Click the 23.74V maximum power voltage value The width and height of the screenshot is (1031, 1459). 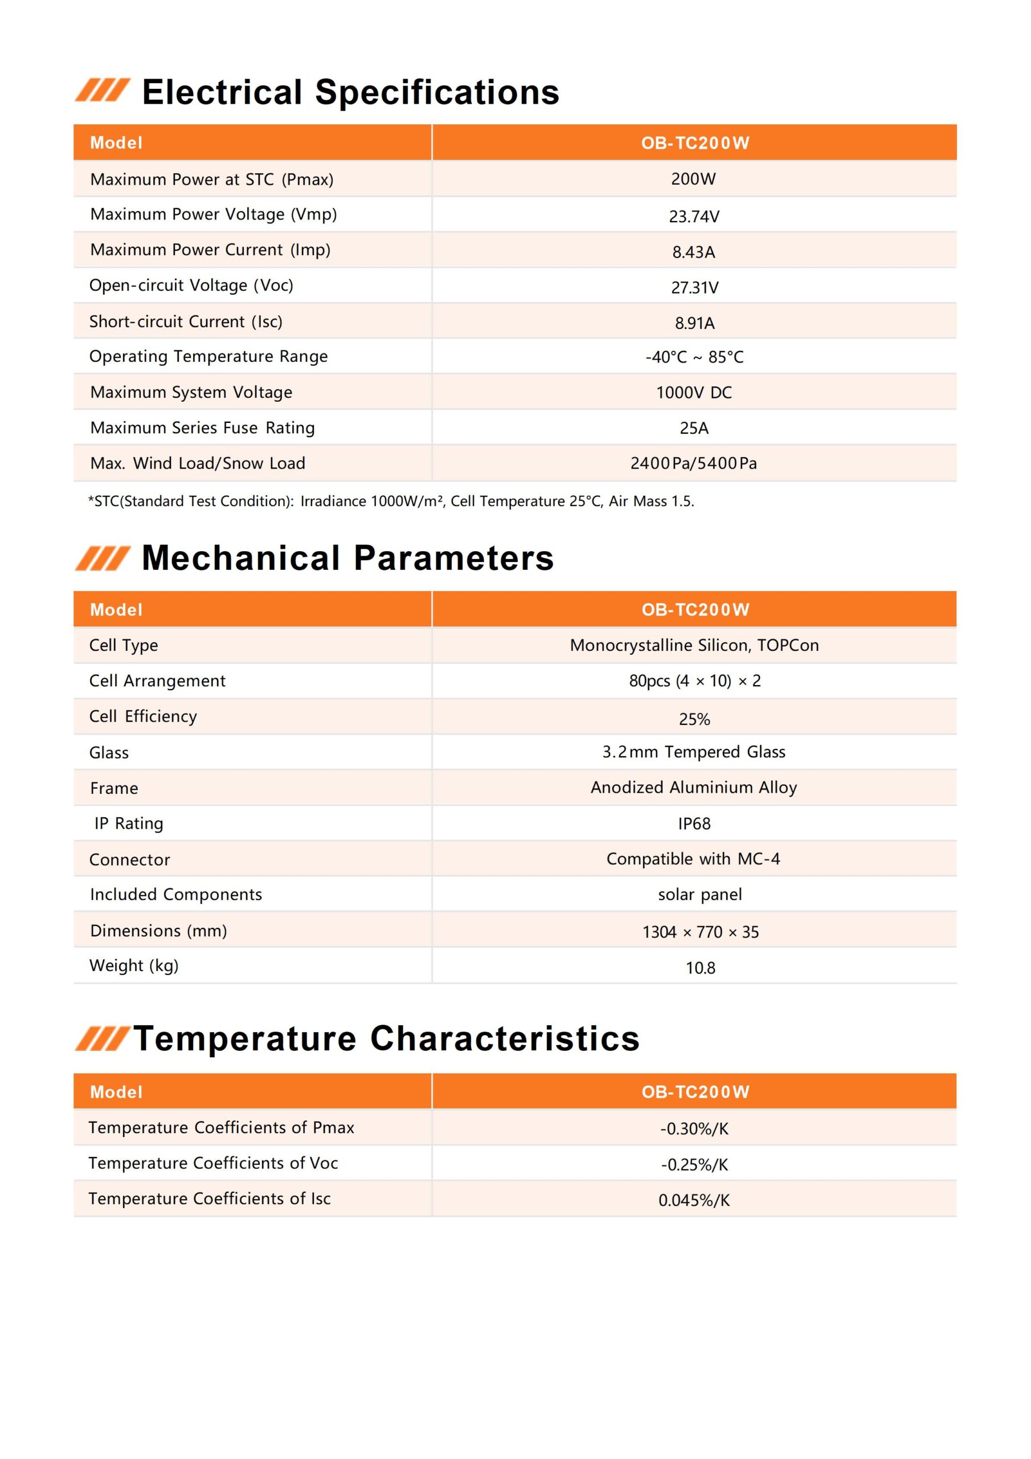(694, 217)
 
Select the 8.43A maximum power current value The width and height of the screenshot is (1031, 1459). (694, 252)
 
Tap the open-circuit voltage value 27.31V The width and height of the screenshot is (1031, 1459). (694, 288)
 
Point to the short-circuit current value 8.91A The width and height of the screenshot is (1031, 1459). (694, 324)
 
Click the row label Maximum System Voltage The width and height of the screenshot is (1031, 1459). (191, 392)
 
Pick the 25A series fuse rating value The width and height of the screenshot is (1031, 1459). (694, 428)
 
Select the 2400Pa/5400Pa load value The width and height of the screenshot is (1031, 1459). (694, 463)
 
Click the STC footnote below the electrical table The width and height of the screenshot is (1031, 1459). (391, 502)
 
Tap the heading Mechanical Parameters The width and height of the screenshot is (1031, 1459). (347, 558)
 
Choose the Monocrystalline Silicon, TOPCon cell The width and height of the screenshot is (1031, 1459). (694, 645)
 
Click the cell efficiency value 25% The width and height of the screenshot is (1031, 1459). (694, 719)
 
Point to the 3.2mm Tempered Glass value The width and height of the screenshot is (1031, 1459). (694, 752)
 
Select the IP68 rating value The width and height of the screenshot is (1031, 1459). (694, 824)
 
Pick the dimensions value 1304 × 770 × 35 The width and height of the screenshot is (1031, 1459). (700, 932)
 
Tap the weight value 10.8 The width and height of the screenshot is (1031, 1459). (700, 968)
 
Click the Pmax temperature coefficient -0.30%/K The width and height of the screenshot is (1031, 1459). (694, 1128)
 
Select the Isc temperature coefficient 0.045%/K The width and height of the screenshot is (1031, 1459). (694, 1200)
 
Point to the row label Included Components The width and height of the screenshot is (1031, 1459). (176, 895)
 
